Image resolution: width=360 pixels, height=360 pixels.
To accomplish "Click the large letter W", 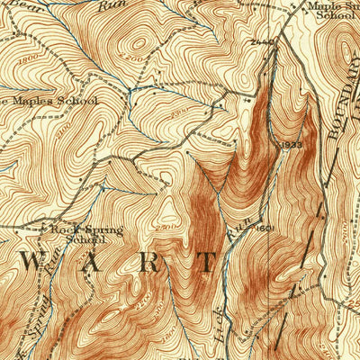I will [27, 262].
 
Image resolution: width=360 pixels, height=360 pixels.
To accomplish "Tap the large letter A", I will [90, 262].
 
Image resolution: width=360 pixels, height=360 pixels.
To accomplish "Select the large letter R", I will [149, 262].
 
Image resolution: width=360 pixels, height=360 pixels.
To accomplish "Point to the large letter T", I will [208, 262].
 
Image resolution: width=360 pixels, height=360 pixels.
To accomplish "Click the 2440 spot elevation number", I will [262, 42].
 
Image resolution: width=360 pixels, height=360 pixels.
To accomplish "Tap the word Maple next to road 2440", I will [323, 5].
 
